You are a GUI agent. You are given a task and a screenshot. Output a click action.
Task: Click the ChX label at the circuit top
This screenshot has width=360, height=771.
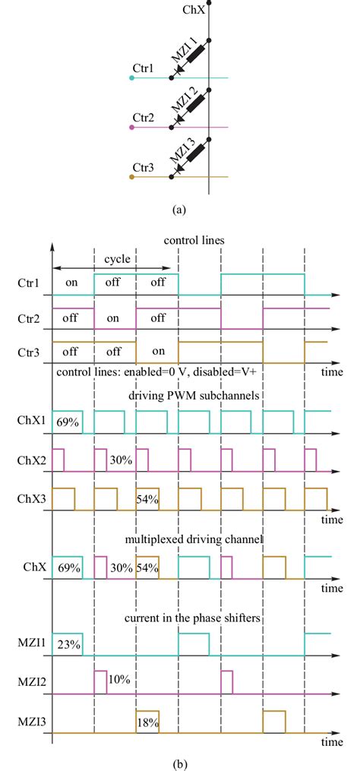[194, 10]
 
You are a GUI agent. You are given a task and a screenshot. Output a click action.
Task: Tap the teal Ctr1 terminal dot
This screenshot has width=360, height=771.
[132, 77]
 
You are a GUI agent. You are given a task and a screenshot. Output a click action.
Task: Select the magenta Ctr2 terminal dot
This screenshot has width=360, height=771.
[132, 127]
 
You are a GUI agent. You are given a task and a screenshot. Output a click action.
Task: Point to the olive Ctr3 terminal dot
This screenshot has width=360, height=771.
[132, 177]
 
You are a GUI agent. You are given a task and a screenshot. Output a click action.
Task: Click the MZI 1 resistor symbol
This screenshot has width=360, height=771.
[194, 55]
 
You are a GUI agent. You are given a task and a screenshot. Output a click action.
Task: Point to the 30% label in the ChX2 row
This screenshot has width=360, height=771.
[116, 460]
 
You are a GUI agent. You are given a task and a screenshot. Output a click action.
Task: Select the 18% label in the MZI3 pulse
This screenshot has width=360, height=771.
[147, 722]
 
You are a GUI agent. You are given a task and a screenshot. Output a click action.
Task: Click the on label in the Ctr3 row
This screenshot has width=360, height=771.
[158, 352]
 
